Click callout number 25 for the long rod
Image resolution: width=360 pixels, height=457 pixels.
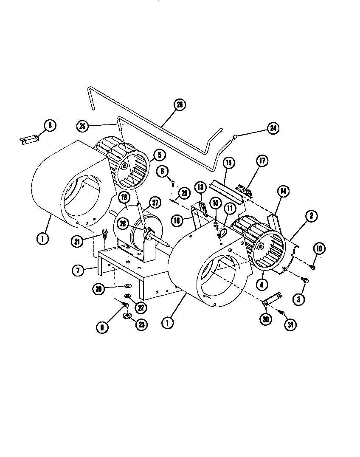point(179,105)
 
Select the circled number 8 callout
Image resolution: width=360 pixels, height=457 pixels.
point(50,126)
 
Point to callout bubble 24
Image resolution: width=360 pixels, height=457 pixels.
point(273,128)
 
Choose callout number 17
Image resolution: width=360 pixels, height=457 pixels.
point(262,161)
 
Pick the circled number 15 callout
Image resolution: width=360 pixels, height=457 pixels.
point(228,162)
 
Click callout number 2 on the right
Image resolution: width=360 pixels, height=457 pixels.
point(311,216)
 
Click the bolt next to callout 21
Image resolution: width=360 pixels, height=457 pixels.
point(104,234)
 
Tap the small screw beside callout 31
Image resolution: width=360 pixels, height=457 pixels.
point(281,312)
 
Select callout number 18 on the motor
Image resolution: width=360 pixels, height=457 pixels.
point(124,197)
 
